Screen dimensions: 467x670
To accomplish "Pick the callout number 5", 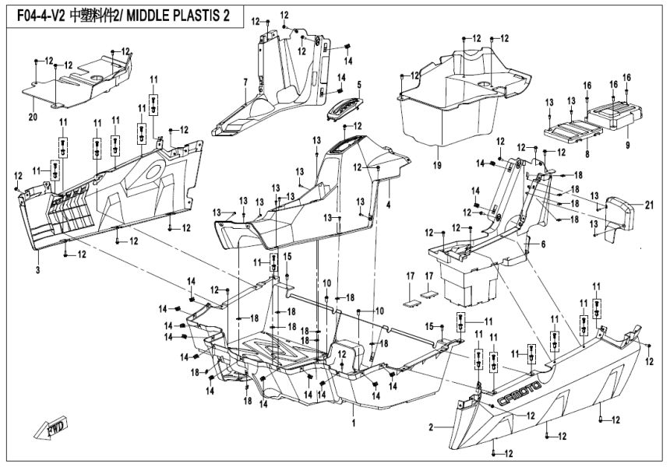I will pyautogui.click(x=360, y=84).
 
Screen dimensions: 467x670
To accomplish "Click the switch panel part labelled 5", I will pyautogui.click(x=344, y=109).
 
